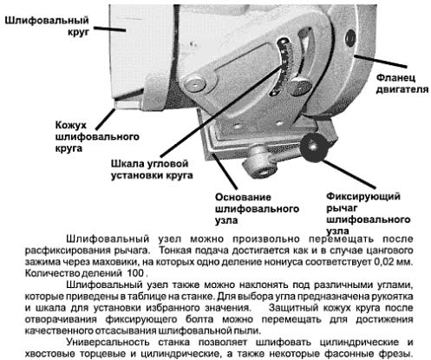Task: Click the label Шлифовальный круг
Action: (x=47, y=26)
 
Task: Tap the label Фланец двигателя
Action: (x=402, y=83)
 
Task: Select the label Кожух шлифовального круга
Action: (x=97, y=136)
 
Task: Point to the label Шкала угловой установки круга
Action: (x=152, y=169)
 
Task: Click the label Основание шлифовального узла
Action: (x=257, y=208)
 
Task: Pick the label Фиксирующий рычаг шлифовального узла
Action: (x=369, y=213)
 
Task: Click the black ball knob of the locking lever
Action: (x=314, y=147)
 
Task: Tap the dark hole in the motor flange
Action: (x=350, y=37)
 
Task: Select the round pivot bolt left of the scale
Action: (x=195, y=84)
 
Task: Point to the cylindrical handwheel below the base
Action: (x=258, y=163)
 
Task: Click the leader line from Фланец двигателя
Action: (x=381, y=61)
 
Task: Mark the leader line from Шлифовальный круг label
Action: (x=109, y=29)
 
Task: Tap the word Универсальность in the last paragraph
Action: (x=108, y=343)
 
